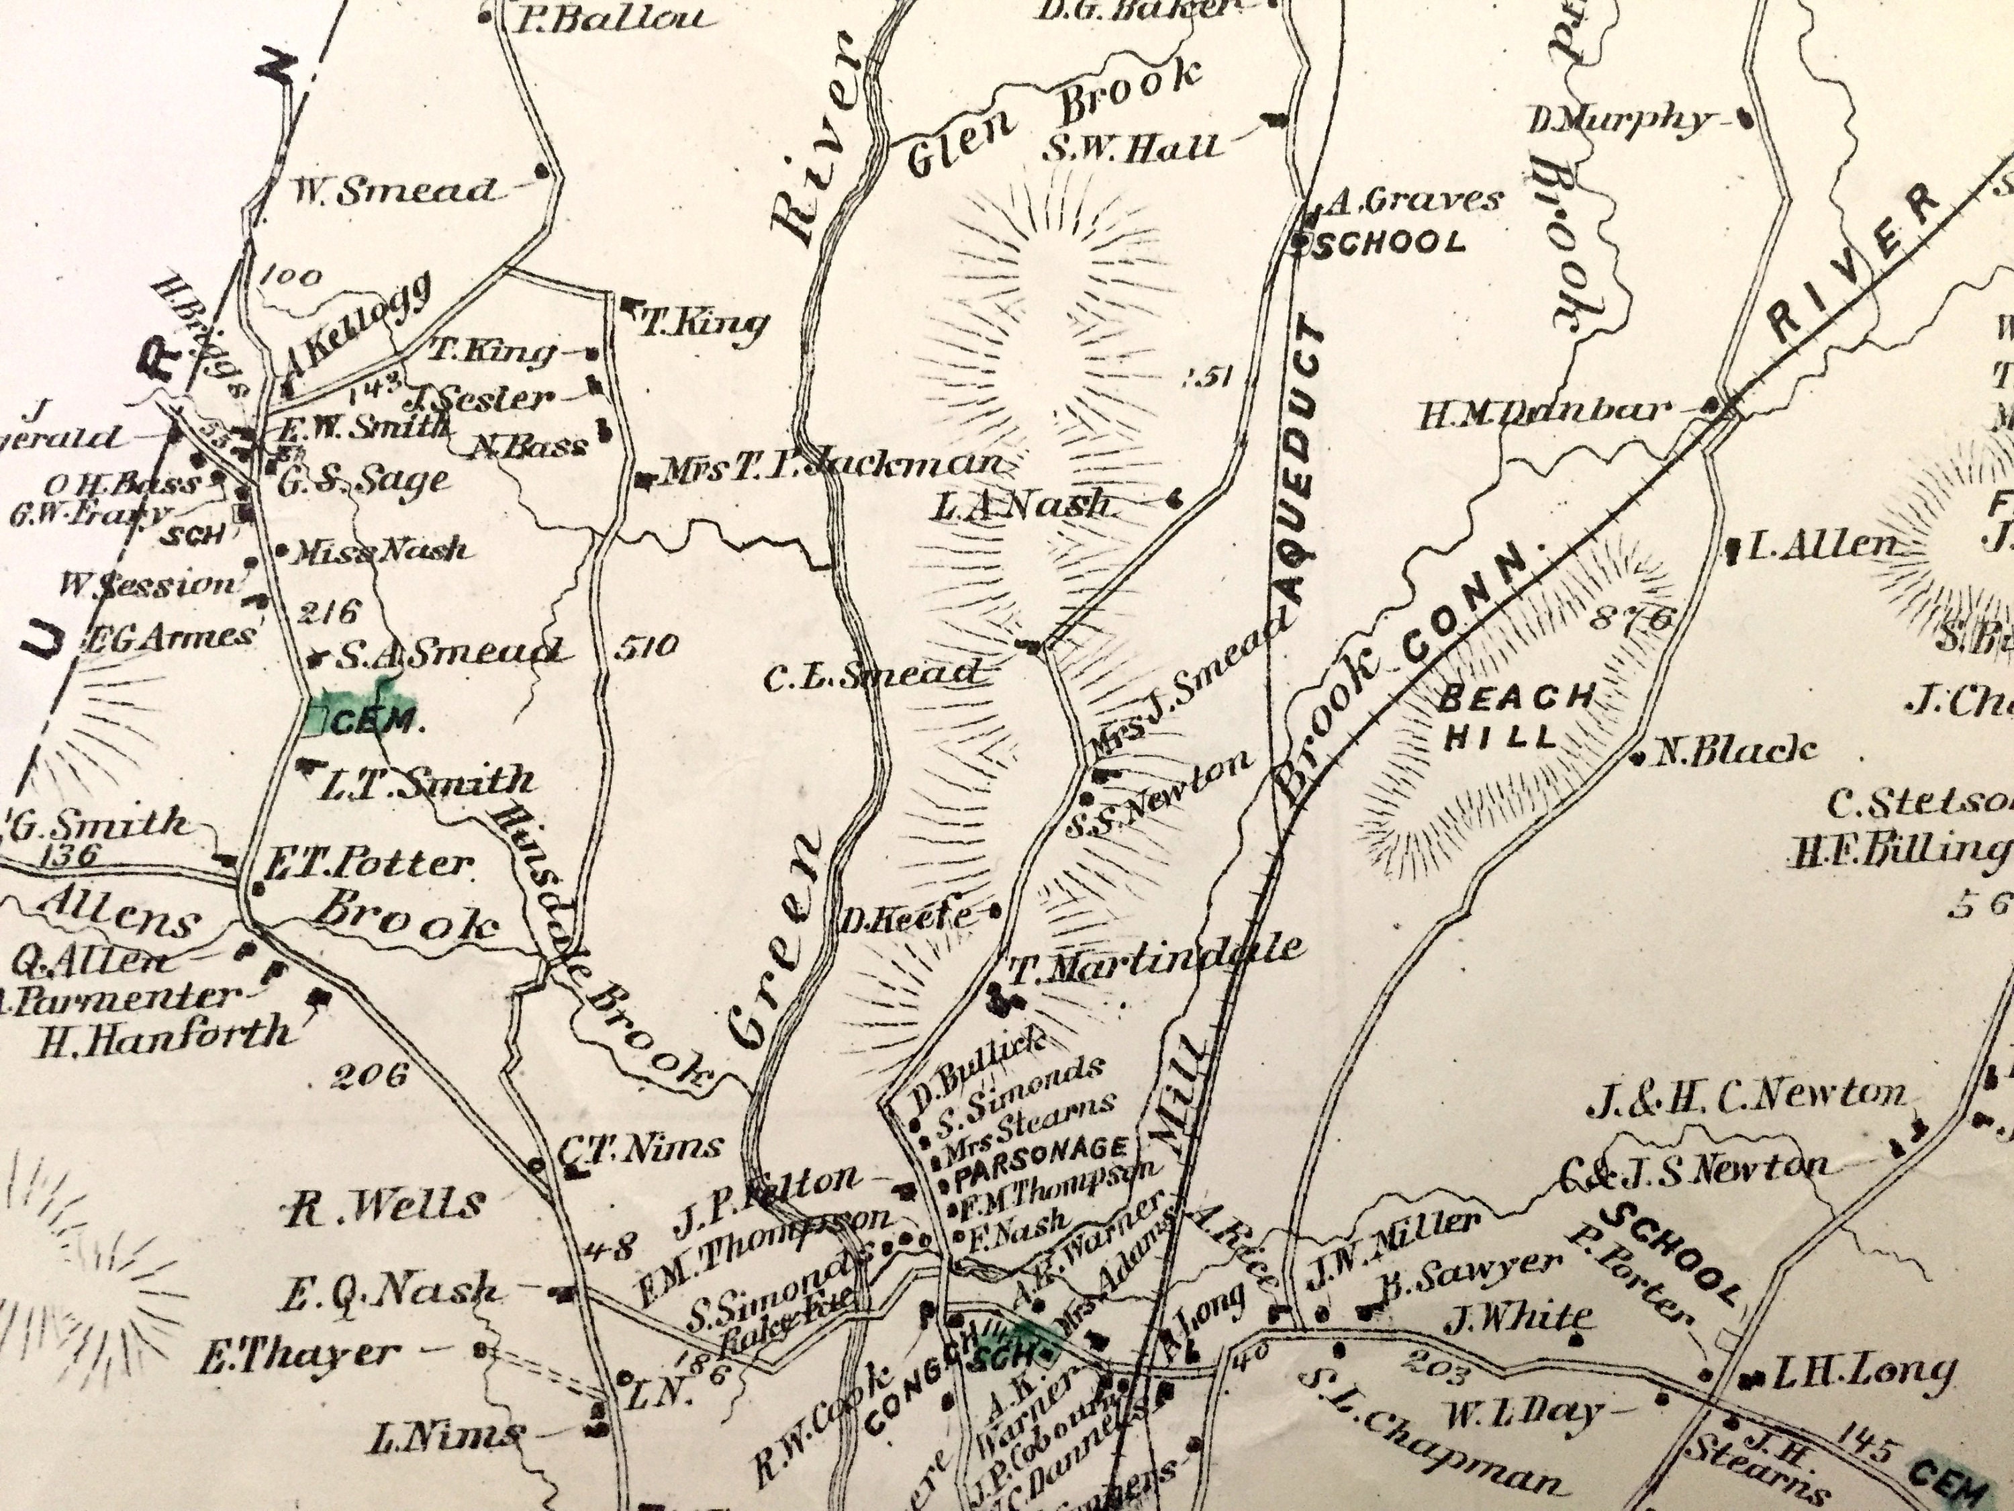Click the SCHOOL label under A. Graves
[x=1388, y=242]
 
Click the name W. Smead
[x=393, y=190]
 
